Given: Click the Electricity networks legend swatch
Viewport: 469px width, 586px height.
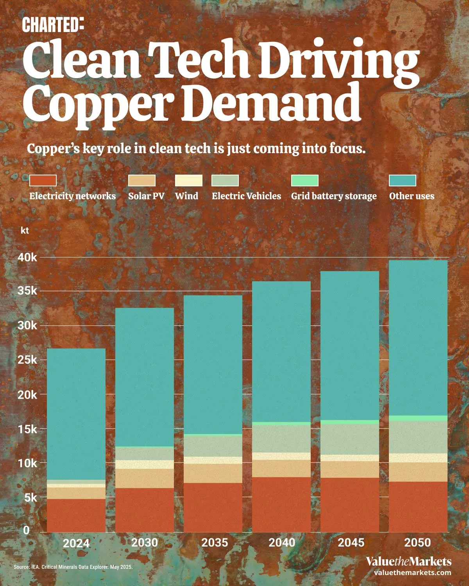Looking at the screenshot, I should click(x=43, y=180).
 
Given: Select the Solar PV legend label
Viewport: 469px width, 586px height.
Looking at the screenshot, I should click(x=146, y=196).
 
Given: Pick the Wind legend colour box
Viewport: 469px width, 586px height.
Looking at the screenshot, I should click(x=188, y=180).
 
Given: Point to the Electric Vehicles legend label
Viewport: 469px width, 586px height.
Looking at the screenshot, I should click(x=246, y=196).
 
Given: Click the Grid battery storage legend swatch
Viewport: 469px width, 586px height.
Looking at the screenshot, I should click(x=305, y=180).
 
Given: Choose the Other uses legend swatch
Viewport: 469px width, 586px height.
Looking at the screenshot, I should click(x=403, y=180).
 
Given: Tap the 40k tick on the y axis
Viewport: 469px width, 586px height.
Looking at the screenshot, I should click(x=28, y=257).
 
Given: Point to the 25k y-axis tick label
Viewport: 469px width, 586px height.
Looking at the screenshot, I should click(x=28, y=360).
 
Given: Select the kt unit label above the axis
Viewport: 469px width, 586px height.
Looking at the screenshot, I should click(x=25, y=230).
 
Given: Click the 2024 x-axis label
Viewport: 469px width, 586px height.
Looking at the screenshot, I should click(x=76, y=543).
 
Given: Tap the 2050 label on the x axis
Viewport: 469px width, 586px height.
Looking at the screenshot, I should click(x=417, y=543).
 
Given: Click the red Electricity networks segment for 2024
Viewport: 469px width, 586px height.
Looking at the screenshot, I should click(x=76, y=515).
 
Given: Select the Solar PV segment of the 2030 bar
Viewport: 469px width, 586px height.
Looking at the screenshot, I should click(x=145, y=478).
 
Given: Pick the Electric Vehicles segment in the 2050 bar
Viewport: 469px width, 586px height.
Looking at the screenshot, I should click(x=418, y=437).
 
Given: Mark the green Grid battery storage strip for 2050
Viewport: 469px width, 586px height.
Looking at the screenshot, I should click(x=418, y=418).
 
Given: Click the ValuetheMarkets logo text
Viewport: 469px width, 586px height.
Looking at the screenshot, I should click(x=408, y=562).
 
